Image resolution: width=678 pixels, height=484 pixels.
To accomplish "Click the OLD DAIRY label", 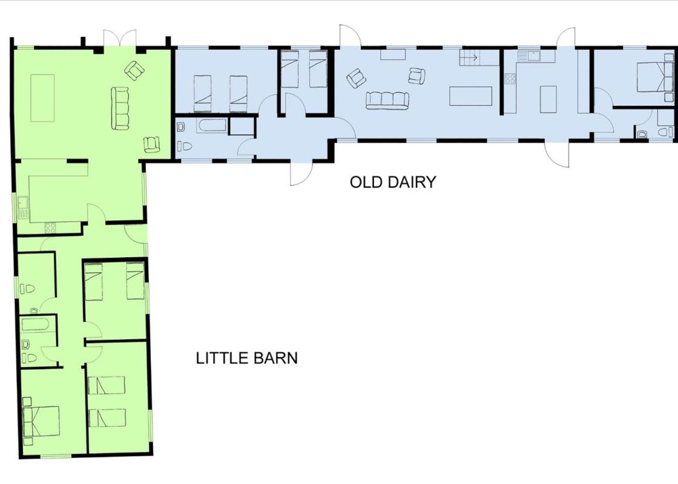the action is (x=393, y=182).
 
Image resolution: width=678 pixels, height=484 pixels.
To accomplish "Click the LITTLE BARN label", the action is (x=247, y=358).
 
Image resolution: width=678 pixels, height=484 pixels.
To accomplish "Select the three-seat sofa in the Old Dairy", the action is (x=387, y=100).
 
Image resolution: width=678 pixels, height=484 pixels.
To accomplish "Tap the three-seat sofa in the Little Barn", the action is (x=120, y=108).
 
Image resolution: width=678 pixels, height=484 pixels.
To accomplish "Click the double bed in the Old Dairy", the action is (x=655, y=76).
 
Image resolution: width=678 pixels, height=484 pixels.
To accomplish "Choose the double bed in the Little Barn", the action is (x=41, y=421).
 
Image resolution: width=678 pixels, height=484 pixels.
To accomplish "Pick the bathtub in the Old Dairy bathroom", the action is (x=212, y=126).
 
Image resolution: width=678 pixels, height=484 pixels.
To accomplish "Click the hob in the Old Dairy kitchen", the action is (x=510, y=78).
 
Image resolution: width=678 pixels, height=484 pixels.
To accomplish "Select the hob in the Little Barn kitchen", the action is (x=50, y=227).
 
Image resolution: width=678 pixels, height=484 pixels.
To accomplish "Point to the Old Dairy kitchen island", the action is (x=548, y=99).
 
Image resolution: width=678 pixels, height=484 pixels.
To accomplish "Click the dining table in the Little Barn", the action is (x=42, y=98).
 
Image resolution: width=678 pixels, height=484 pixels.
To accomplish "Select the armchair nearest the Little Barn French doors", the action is (x=134, y=70).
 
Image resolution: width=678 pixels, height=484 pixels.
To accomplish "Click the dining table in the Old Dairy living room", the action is (x=470, y=96).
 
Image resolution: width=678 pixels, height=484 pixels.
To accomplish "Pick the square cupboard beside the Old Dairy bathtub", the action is (x=242, y=126).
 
